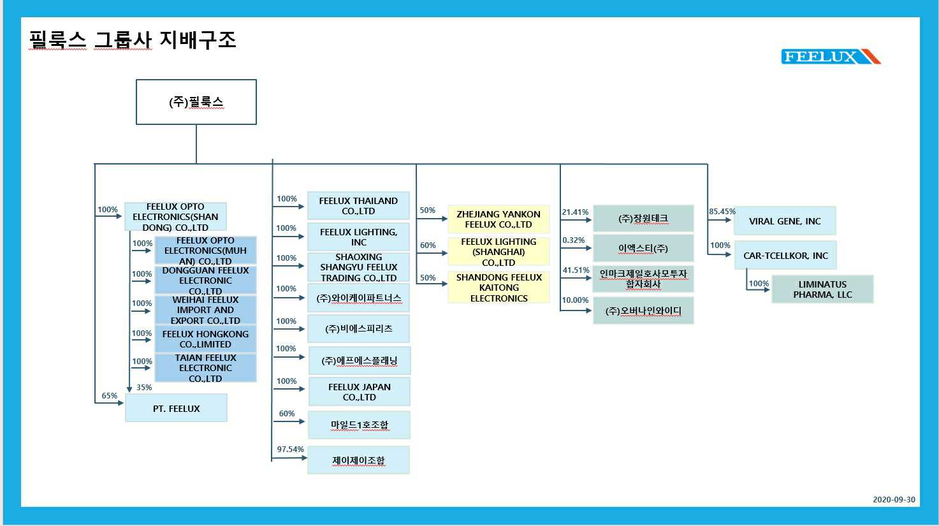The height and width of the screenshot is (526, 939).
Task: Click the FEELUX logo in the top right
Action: coord(830,57)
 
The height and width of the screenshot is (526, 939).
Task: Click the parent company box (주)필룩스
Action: coord(196,102)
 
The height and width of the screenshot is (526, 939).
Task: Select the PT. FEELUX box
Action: coord(176,408)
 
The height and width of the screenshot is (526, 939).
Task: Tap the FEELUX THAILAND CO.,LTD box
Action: coord(358,206)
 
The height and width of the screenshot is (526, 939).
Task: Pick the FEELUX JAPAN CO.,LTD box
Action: coord(359,392)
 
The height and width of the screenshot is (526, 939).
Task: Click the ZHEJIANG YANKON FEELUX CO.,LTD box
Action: coord(498,219)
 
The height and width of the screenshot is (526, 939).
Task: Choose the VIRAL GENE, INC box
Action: coord(784,221)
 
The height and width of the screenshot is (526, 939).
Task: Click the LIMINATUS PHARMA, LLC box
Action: coord(822,289)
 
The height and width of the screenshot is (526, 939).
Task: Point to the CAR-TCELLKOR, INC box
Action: coord(785,256)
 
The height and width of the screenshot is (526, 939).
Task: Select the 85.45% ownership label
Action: coord(722,212)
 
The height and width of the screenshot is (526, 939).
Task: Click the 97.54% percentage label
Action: coord(290,449)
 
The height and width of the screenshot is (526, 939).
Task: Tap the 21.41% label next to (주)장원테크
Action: coord(575,212)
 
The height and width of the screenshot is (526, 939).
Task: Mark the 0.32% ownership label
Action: coord(573,240)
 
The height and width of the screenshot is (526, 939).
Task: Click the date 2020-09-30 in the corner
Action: coord(894,500)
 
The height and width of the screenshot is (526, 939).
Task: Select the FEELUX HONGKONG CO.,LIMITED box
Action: coord(205,339)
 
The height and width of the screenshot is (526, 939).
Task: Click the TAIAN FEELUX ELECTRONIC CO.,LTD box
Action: coord(205,368)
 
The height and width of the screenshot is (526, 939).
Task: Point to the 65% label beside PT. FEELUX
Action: coord(110,396)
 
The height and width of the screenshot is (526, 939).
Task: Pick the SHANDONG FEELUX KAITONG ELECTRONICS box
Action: coord(499,288)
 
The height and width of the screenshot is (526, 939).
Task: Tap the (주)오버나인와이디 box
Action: coord(643,311)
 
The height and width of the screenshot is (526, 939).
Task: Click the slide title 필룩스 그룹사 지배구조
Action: coord(133,40)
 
